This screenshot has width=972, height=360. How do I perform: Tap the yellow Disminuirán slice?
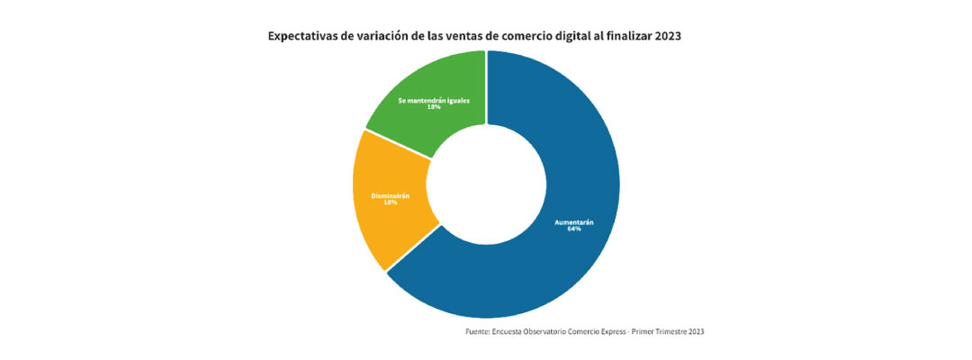click(x=382, y=225)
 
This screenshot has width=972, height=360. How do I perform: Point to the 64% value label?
click(x=574, y=229)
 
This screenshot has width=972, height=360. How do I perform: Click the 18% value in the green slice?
click(x=434, y=107)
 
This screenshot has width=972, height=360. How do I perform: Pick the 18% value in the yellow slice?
click(x=391, y=202)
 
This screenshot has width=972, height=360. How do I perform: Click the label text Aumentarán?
click(x=574, y=221)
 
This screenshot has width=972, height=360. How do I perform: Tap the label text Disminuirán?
click(x=391, y=195)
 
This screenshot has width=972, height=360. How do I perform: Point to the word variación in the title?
click(x=390, y=37)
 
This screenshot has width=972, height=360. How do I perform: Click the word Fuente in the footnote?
click(x=479, y=332)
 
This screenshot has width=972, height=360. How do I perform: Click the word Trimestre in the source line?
click(x=673, y=332)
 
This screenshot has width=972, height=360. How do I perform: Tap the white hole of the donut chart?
click(x=486, y=184)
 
